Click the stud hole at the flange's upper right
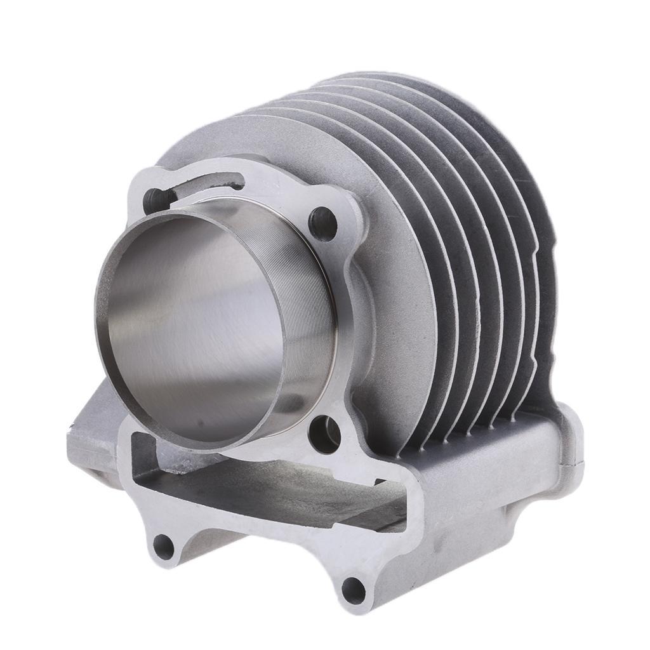click(322, 222)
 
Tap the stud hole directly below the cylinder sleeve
click(325, 434)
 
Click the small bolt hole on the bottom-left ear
click(164, 545)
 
